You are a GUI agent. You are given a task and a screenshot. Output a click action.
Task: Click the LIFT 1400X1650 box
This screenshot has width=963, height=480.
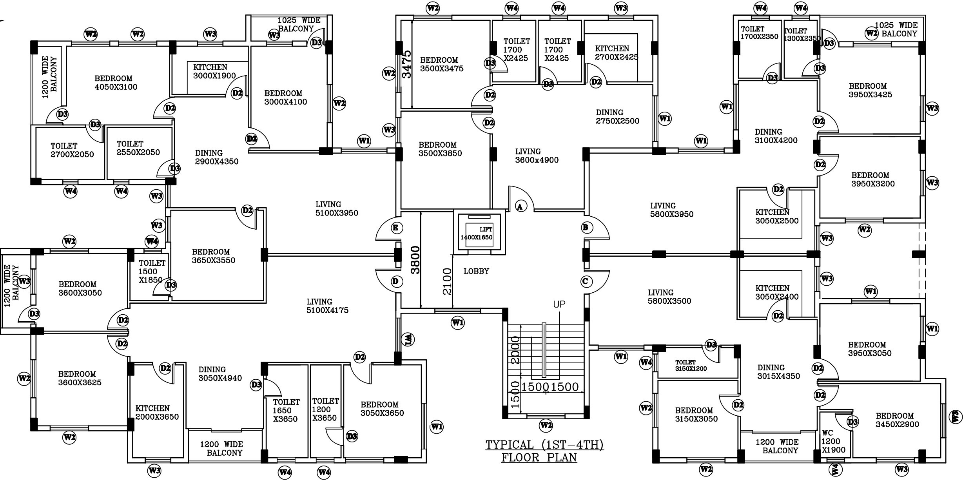(x=479, y=234)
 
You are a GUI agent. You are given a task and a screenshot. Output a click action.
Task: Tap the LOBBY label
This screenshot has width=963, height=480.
(x=476, y=271)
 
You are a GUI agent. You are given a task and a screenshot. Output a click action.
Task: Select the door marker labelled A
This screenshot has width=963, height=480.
(x=520, y=206)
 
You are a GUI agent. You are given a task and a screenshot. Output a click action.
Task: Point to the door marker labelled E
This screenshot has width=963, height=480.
(x=396, y=228)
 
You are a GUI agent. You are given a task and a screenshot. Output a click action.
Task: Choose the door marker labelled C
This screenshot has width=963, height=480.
(x=586, y=281)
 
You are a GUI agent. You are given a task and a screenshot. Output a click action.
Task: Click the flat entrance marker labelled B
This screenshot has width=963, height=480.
(x=586, y=228)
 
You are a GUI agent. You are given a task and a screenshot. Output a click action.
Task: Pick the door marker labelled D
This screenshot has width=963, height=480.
(x=396, y=281)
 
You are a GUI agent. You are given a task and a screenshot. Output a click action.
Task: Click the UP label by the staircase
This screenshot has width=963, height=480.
(x=559, y=304)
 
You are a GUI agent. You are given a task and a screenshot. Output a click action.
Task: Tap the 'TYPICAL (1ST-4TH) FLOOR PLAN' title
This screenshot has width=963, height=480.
(x=544, y=451)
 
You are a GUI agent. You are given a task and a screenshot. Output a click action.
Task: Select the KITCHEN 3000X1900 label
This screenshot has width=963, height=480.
(x=214, y=71)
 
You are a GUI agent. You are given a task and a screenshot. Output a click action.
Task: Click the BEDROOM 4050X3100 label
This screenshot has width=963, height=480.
(x=116, y=83)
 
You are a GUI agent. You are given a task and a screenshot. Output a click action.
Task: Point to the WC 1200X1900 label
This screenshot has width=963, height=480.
(x=833, y=442)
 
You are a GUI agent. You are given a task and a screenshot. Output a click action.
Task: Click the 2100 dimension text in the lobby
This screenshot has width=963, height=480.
(x=447, y=281)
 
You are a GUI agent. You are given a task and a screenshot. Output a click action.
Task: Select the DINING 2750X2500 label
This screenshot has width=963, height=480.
(x=617, y=117)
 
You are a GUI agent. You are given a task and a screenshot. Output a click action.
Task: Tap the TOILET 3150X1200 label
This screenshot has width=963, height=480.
(x=691, y=366)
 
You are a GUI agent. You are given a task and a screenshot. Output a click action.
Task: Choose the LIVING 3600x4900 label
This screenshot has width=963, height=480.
(x=537, y=156)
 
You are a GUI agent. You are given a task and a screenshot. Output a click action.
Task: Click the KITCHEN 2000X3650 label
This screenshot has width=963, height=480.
(x=157, y=413)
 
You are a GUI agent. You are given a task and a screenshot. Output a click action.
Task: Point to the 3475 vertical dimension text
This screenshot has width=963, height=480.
(x=407, y=64)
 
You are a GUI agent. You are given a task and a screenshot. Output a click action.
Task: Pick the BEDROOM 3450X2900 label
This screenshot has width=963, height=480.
(x=897, y=420)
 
